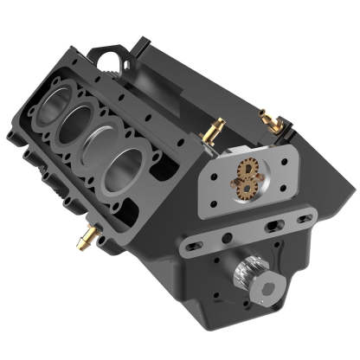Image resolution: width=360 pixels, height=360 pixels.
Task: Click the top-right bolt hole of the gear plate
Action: pos(283,157)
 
